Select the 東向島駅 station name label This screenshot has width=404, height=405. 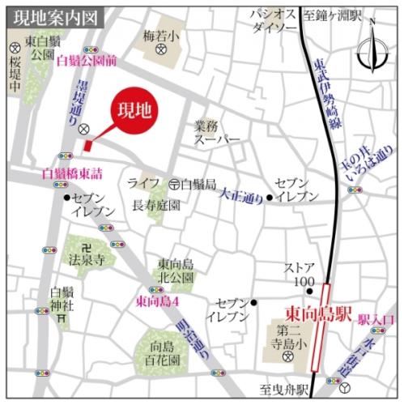[317, 312]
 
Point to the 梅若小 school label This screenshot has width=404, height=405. [161, 36]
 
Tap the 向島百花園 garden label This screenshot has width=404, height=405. [163, 351]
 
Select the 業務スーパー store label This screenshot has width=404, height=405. [217, 133]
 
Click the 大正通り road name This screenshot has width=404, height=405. [242, 194]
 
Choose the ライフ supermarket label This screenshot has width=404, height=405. [143, 184]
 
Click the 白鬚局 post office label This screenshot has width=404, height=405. [198, 184]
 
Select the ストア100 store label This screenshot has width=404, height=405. [298, 274]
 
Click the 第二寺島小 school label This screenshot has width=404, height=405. [290, 336]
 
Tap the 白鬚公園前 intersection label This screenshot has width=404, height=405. [87, 60]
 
